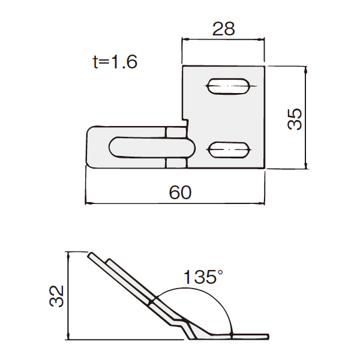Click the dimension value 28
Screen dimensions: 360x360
223,29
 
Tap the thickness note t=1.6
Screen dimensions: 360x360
115,62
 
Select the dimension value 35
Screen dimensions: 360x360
295,119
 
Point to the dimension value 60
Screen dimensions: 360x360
180,193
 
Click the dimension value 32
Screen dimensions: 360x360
56,296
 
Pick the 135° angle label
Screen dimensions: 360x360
203,277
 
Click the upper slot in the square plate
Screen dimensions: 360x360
228,86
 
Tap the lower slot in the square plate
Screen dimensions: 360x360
229,150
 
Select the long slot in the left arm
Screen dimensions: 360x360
152,148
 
